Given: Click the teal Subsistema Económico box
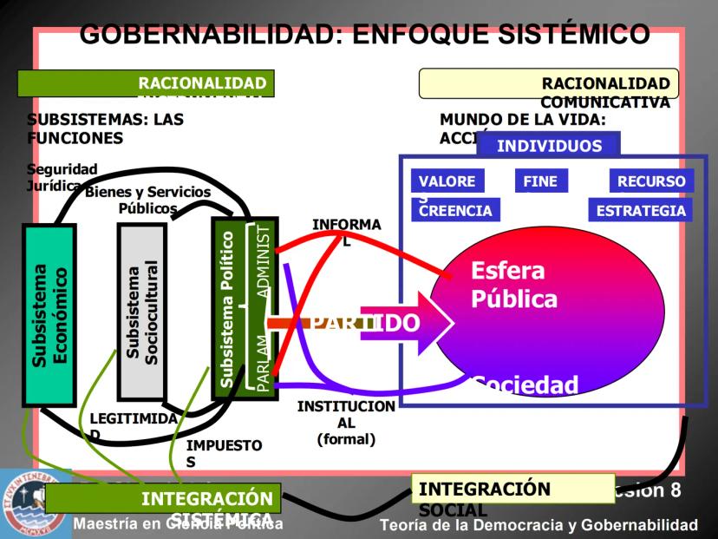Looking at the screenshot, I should pyautogui.click(x=49, y=315).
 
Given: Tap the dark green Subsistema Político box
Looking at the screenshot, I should pyautogui.click(x=227, y=309).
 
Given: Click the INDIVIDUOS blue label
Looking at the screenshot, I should pyautogui.click(x=548, y=145).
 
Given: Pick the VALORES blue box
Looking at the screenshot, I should pyautogui.click(x=447, y=181).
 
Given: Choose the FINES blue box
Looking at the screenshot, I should pyautogui.click(x=540, y=181).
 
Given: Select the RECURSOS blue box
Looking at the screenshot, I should pyautogui.click(x=651, y=181).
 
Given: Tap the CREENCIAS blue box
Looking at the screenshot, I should pyautogui.click(x=455, y=210).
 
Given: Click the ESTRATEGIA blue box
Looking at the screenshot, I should pyautogui.click(x=640, y=210).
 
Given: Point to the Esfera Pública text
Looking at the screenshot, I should pyautogui.click(x=513, y=285).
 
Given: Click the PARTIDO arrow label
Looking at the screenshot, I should pyautogui.click(x=364, y=323).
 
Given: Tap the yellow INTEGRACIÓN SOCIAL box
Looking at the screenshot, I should pyautogui.click(x=512, y=489).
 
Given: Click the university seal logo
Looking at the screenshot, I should pyautogui.click(x=23, y=503).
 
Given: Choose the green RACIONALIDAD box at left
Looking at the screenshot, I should pyautogui.click(x=146, y=83).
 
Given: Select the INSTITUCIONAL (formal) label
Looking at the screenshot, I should pyautogui.click(x=346, y=422).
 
